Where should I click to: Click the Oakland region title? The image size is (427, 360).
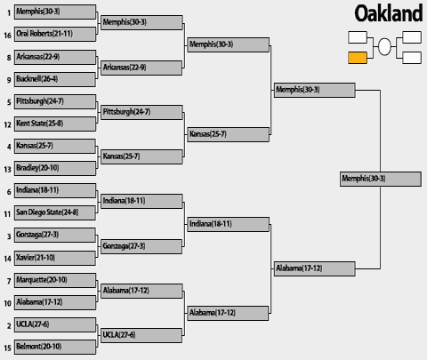pyautogui.click(x=389, y=13)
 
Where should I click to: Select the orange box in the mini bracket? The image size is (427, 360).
pyautogui.click(x=358, y=58)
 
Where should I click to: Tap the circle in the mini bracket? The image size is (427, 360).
pyautogui.click(x=384, y=47)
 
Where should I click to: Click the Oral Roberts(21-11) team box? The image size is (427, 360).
pyautogui.click(x=55, y=34)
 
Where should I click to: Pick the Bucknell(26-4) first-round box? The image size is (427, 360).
pyautogui.click(x=55, y=79)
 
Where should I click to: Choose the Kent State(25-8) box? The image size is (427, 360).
pyautogui.click(x=55, y=124)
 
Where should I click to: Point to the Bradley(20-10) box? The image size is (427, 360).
pyautogui.click(x=55, y=168)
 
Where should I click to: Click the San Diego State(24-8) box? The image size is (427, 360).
pyautogui.click(x=55, y=212)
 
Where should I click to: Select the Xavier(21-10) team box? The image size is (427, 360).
pyautogui.click(x=55, y=258)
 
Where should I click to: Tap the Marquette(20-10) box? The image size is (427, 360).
pyautogui.click(x=55, y=280)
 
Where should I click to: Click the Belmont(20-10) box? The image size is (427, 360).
pyautogui.click(x=55, y=347)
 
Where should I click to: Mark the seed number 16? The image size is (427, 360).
pyautogui.click(x=7, y=36)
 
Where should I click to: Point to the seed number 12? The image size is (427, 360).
pyautogui.click(x=7, y=124)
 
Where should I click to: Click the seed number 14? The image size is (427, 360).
pyautogui.click(x=7, y=259)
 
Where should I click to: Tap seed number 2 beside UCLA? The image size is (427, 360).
pyautogui.click(x=9, y=326)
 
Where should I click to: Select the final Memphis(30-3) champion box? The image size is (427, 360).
pyautogui.click(x=381, y=179)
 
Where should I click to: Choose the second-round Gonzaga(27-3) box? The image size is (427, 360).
pyautogui.click(x=141, y=246)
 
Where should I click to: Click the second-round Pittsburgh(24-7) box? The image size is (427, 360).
pyautogui.click(x=141, y=112)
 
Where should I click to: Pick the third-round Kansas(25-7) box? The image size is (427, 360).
pyautogui.click(x=229, y=134)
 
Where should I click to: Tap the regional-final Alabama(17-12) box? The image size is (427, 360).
pyautogui.click(x=314, y=268)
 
